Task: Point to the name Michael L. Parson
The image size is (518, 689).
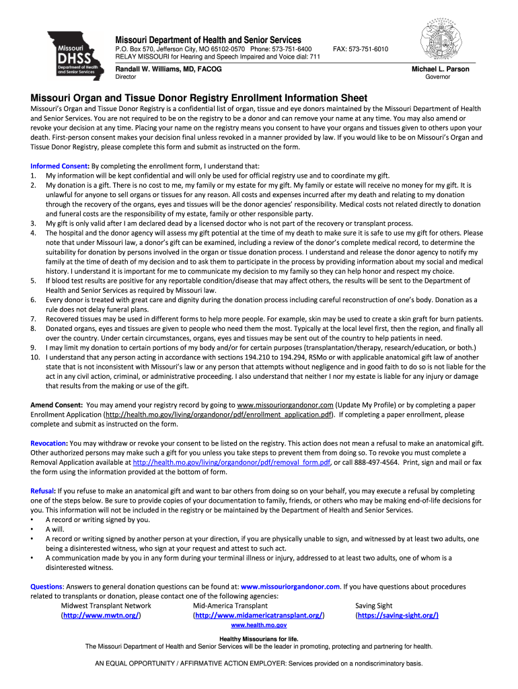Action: click(440, 69)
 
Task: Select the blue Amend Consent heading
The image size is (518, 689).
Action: click(57, 405)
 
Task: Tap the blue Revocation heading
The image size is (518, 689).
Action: click(49, 443)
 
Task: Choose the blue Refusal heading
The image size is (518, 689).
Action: click(44, 491)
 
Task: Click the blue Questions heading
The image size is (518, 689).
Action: click(46, 586)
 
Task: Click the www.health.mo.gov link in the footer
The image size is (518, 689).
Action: click(258, 625)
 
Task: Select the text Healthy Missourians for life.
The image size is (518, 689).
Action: click(258, 638)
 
